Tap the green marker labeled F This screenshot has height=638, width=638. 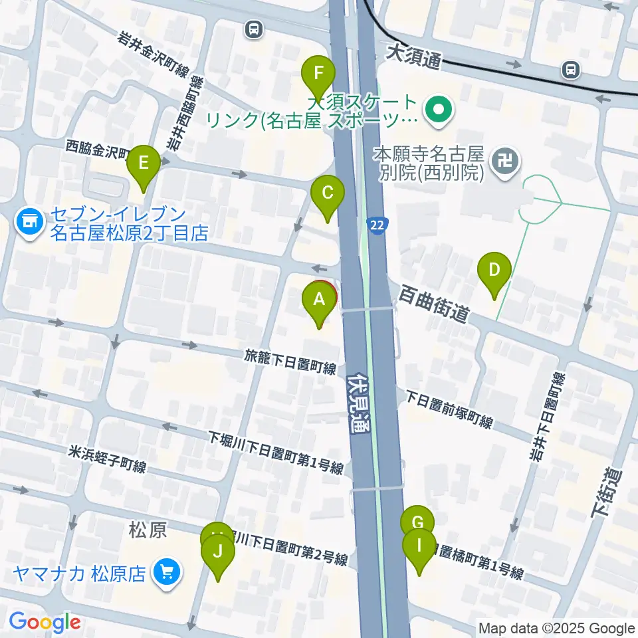318,72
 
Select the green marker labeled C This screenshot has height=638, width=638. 328,193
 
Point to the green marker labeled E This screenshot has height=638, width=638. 144,163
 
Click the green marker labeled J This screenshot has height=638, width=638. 219,551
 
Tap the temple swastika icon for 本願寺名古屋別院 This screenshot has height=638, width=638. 506,160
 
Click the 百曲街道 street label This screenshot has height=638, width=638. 435,305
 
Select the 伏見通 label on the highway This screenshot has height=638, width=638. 358,406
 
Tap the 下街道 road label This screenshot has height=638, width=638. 604,492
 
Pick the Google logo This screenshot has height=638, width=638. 45,623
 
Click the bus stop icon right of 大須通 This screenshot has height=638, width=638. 570,68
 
